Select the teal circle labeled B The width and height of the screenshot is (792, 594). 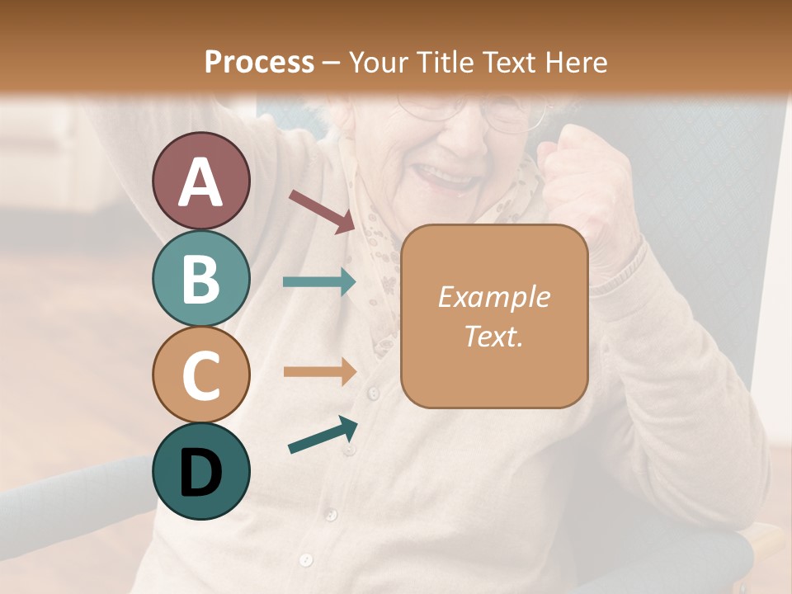coord(200,278)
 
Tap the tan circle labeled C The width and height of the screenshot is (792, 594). coord(200,374)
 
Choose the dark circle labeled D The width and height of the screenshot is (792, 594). coord(200,471)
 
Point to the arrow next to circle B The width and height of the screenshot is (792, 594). coord(318,282)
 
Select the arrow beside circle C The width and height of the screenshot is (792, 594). coord(318,372)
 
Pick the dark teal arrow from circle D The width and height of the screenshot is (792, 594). coord(323,436)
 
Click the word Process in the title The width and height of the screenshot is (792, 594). coord(259,62)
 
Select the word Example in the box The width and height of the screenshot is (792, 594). coord(493,297)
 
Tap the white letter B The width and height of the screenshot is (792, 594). coord(200,279)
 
